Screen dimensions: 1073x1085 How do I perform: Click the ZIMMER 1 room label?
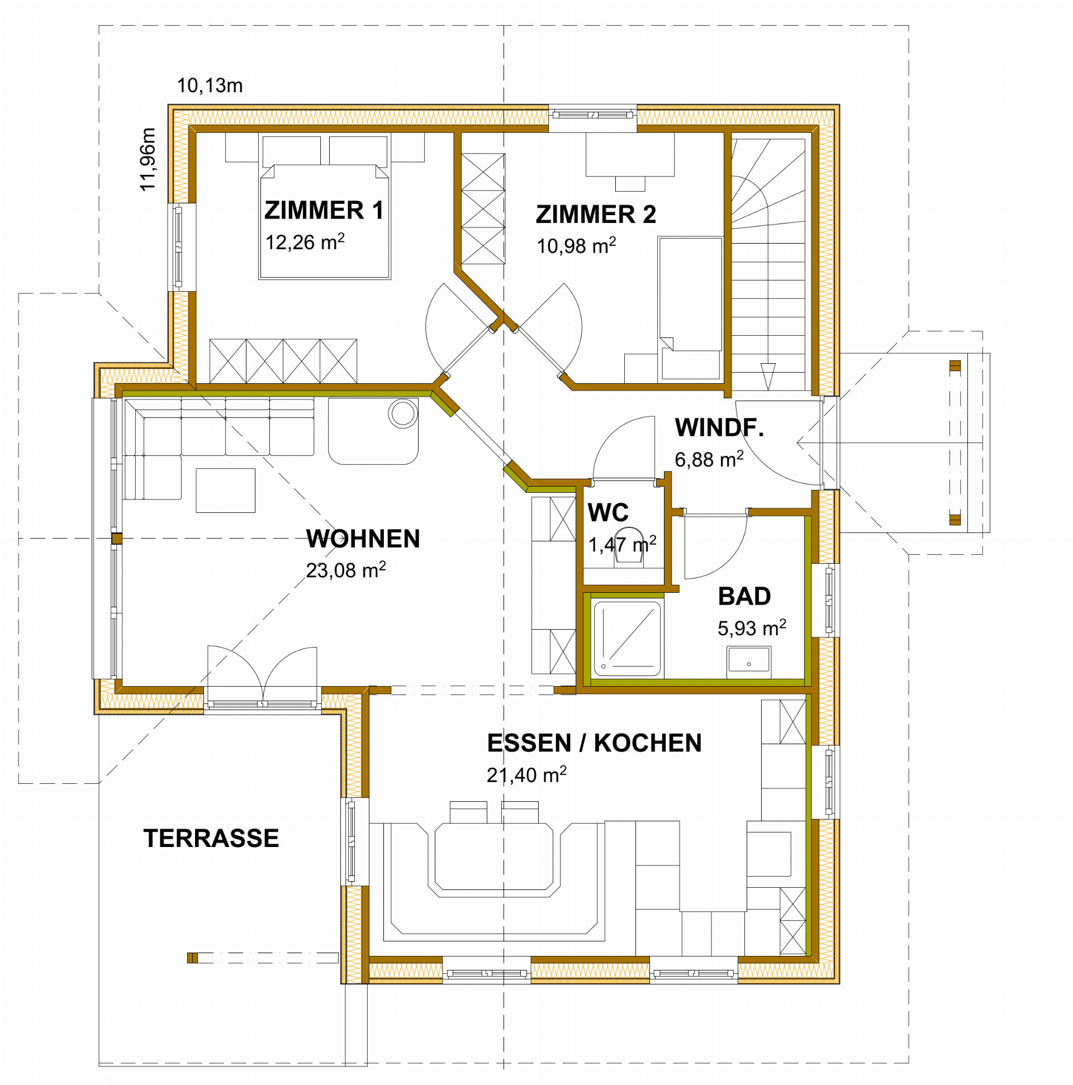[324, 211]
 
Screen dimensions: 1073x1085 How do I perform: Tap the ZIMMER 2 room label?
[596, 215]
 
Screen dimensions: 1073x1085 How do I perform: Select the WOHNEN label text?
[363, 539]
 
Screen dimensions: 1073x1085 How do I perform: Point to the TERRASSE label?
[211, 839]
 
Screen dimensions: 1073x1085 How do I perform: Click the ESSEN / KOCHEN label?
[595, 743]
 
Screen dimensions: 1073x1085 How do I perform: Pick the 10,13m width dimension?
[210, 86]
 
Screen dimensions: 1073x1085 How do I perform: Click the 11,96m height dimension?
[148, 159]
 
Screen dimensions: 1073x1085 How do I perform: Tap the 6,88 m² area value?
[709, 459]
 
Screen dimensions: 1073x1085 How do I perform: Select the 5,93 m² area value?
[752, 627]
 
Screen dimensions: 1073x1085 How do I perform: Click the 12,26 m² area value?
[305, 241]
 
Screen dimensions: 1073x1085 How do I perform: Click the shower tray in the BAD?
[628, 639]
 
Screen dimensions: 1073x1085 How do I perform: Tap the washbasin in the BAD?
[749, 661]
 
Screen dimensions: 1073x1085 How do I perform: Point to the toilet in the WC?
[629, 545]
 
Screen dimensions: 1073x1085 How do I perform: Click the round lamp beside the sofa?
[403, 414]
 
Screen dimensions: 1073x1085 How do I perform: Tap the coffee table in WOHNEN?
[225, 491]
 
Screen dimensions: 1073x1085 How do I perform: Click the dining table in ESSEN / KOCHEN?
[494, 856]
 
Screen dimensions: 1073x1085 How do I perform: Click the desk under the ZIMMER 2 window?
[630, 154]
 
